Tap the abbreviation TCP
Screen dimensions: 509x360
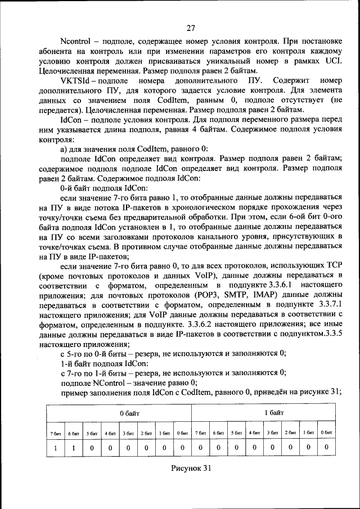[333, 264]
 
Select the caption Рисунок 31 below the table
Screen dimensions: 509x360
[191, 469]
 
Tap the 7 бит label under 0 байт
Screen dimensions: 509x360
[56, 433]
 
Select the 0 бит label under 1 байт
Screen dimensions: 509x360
[326, 433]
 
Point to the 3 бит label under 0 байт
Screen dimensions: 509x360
[128, 433]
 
